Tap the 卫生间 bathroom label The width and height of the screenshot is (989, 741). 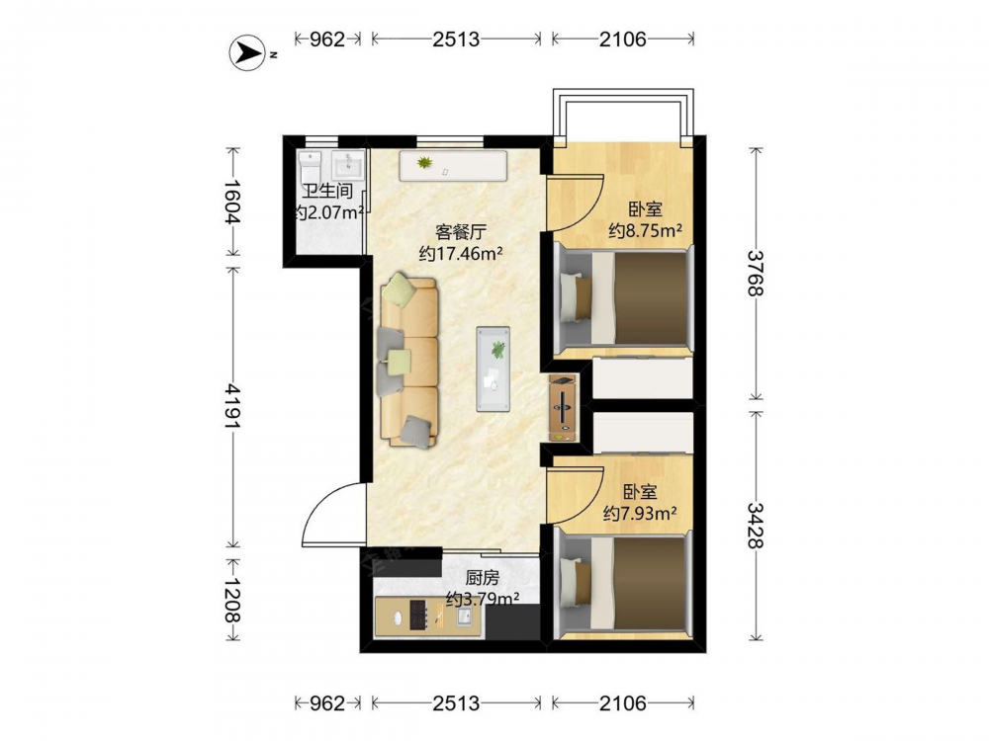click(326, 191)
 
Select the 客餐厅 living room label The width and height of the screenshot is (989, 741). click(461, 232)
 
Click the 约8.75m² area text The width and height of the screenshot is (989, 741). click(645, 230)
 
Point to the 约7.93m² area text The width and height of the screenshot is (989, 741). click(640, 514)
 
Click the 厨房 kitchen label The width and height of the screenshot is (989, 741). click(483, 577)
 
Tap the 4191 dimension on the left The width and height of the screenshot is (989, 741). click(232, 406)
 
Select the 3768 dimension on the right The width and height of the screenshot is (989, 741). click(756, 273)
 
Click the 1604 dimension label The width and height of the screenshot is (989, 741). click(232, 202)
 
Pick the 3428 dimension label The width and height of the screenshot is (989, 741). click(756, 526)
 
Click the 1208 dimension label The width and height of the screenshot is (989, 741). click(232, 600)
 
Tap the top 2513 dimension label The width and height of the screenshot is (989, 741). click(456, 40)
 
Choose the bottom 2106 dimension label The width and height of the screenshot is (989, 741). click(623, 702)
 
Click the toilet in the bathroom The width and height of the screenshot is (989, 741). click(310, 166)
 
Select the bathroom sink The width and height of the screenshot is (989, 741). click(347, 166)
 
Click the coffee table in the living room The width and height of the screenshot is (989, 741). click(494, 369)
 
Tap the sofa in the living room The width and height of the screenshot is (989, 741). click(408, 361)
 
